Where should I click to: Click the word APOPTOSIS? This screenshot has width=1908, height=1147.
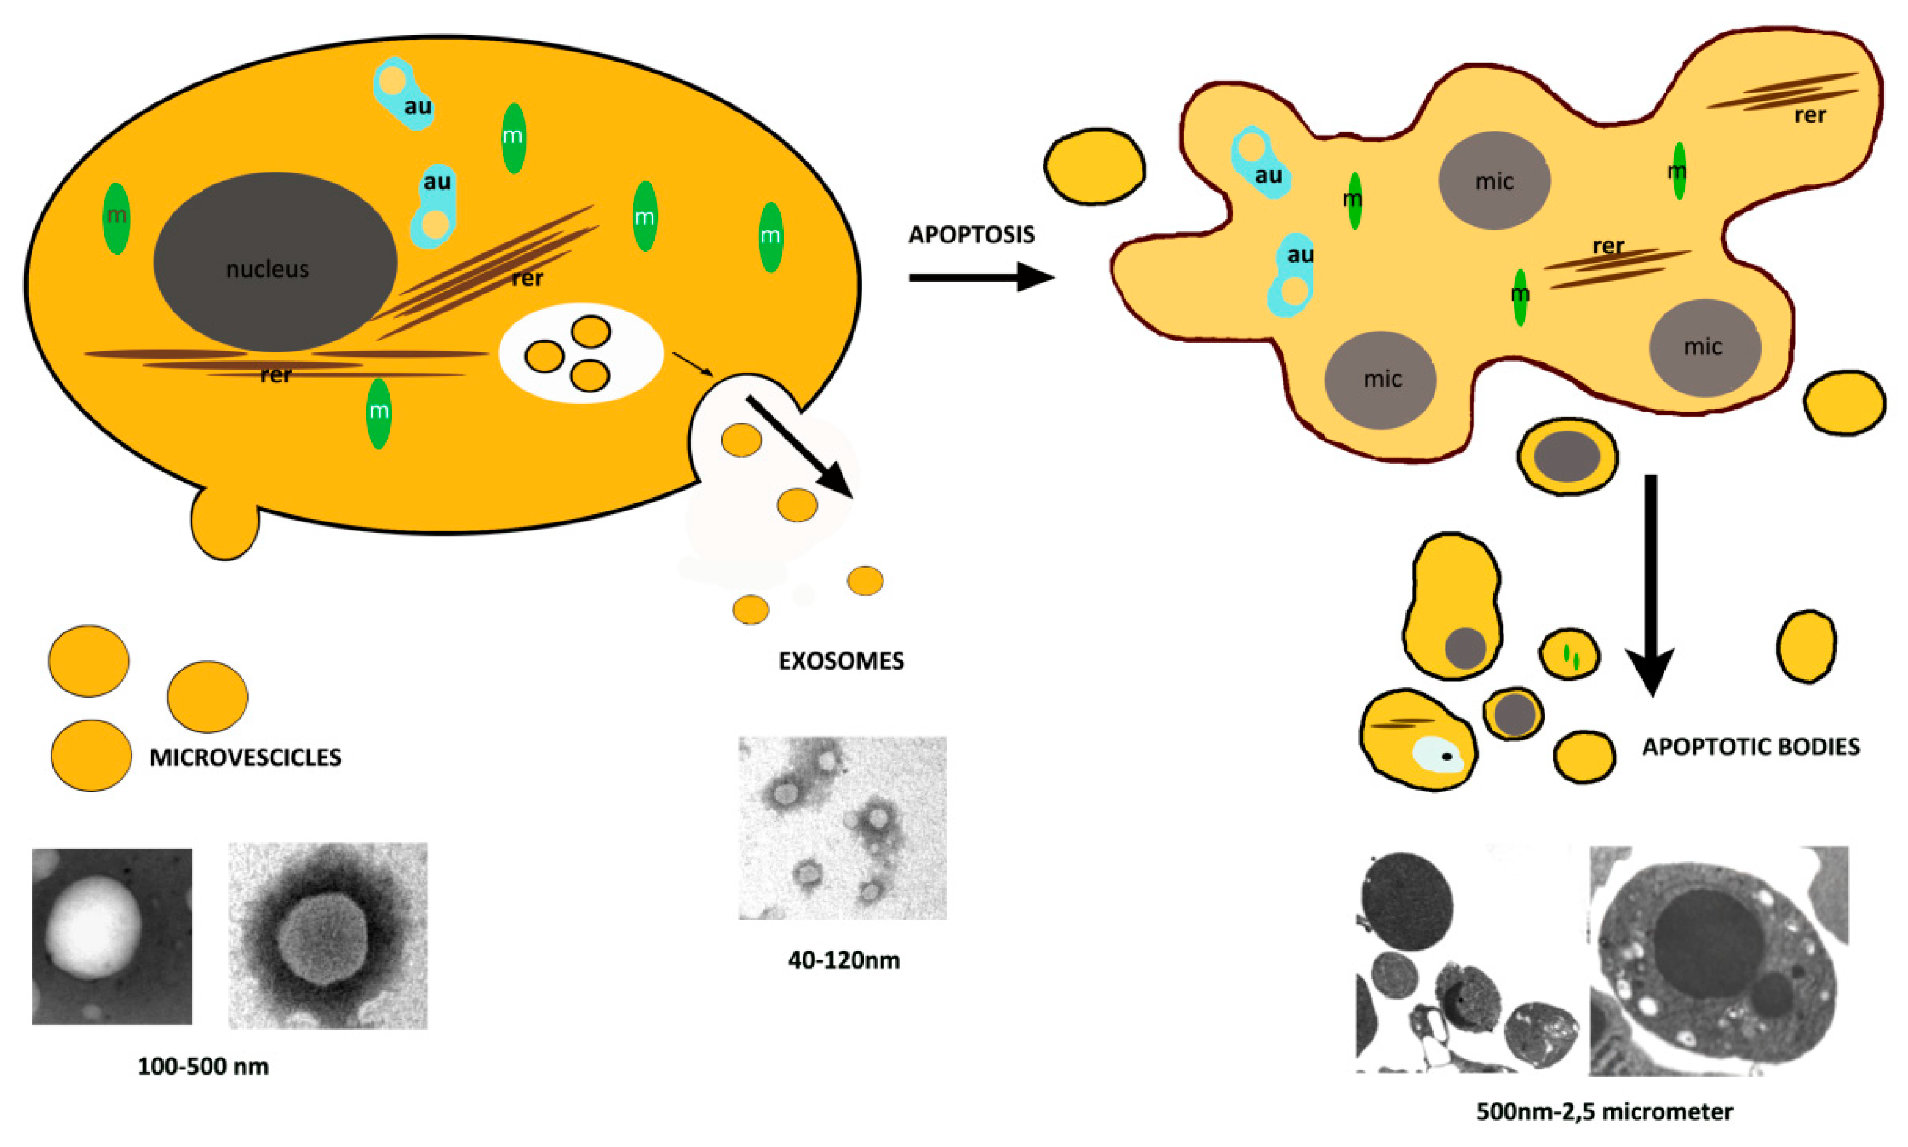tap(971, 234)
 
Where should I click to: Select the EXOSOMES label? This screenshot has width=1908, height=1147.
tap(841, 661)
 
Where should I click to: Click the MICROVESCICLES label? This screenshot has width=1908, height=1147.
tap(245, 757)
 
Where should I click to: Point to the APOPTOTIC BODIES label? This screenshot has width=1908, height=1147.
tap(1750, 747)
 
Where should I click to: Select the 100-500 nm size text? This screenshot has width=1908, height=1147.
tap(203, 1066)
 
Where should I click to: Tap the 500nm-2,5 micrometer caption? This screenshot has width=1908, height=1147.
tap(1604, 1111)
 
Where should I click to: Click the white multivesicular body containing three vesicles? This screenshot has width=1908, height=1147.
tap(580, 353)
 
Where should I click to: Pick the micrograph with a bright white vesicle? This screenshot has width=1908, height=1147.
tap(112, 936)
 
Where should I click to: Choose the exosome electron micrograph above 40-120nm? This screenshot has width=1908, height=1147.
tap(842, 828)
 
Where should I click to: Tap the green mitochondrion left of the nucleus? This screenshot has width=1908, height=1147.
tap(116, 218)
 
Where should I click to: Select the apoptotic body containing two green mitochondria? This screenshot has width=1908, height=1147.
tap(1569, 654)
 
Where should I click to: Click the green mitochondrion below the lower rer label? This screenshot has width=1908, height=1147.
tap(378, 413)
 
